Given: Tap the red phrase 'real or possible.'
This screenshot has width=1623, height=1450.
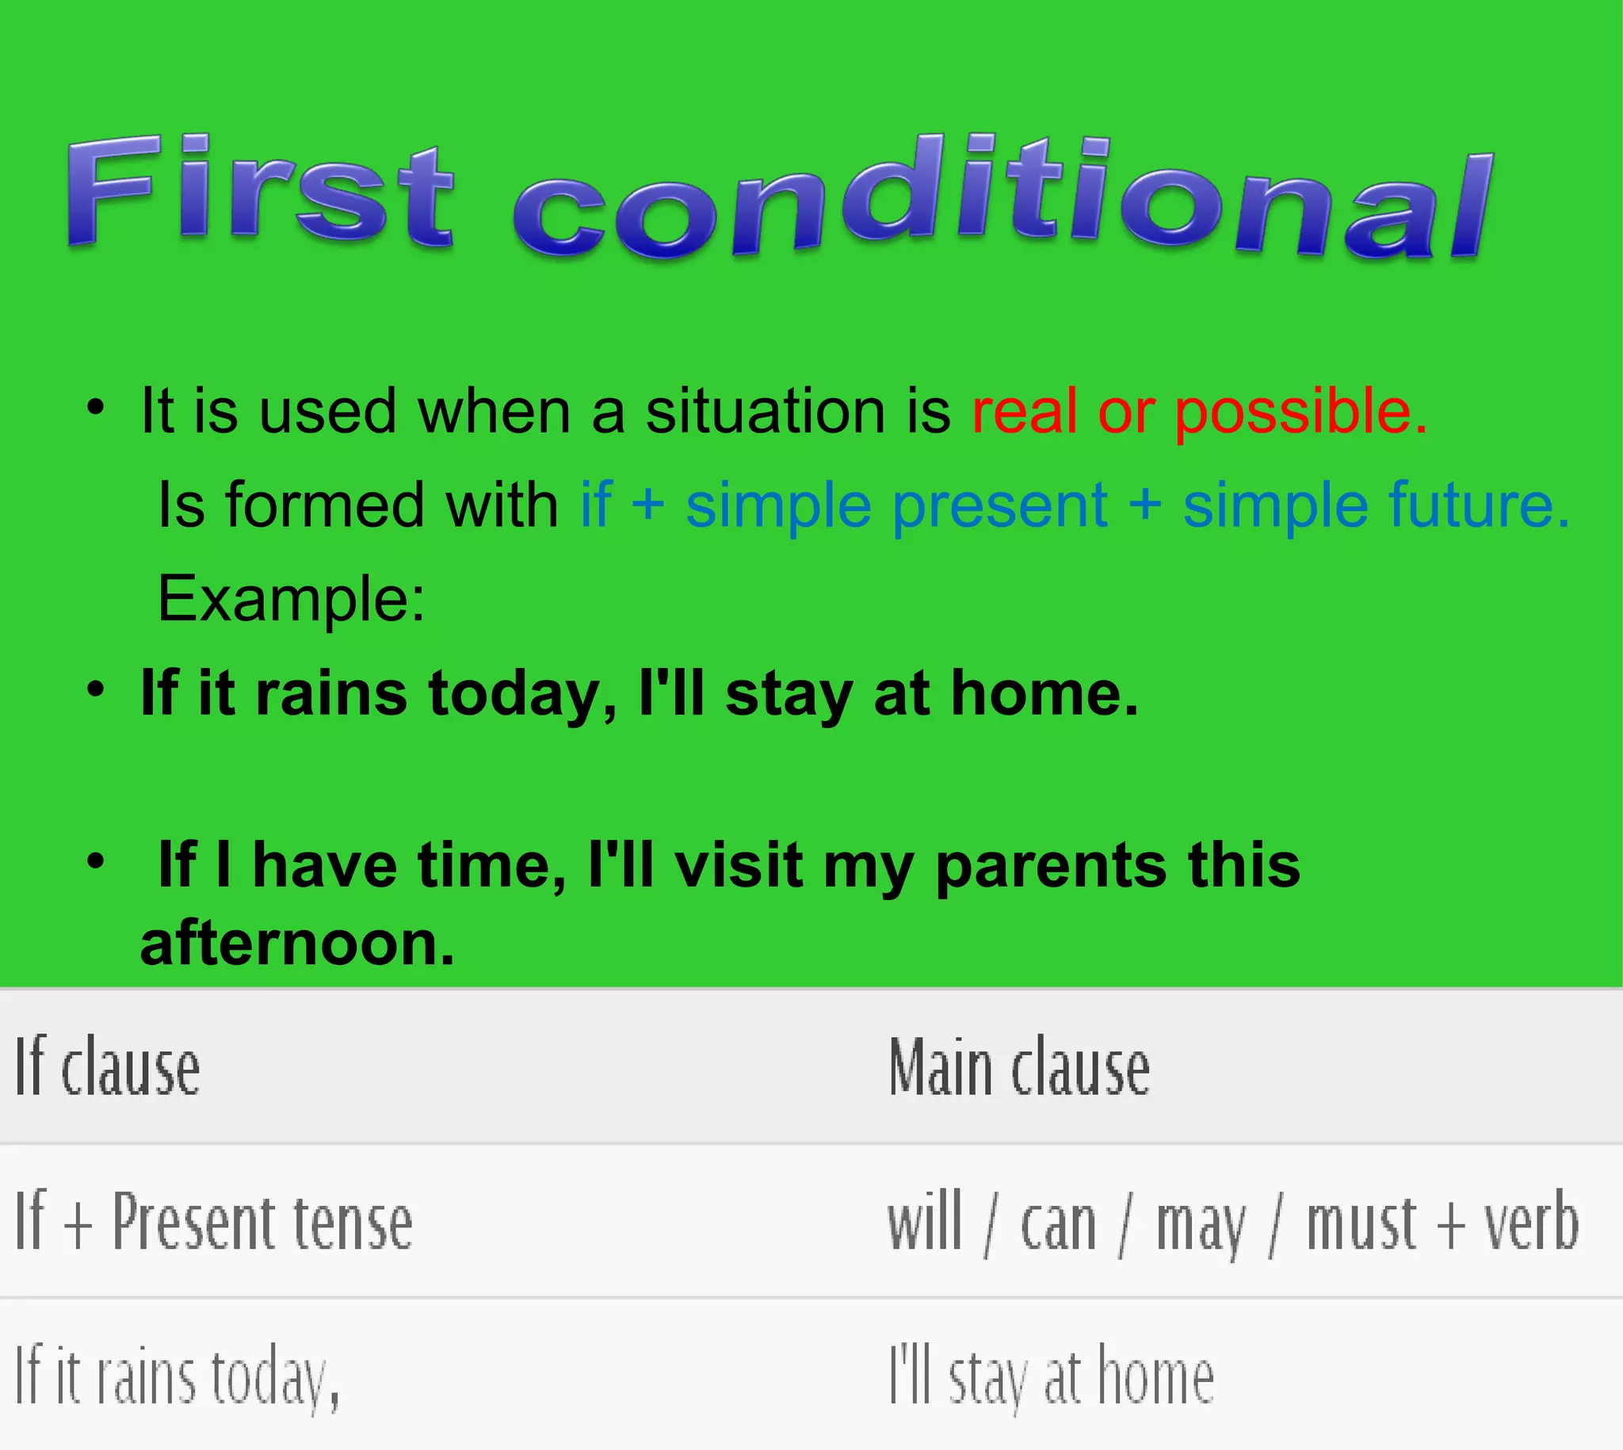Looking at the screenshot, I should [1199, 412].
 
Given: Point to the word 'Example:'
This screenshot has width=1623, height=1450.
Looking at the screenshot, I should [292, 599].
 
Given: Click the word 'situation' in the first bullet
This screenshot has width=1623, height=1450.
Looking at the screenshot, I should [766, 412].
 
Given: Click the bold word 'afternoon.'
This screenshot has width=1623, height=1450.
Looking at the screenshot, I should [297, 944].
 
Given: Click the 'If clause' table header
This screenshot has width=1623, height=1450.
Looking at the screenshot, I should [108, 1067].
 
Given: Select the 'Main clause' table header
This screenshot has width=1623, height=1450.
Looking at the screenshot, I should [1019, 1067].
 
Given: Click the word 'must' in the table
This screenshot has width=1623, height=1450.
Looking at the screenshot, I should [1361, 1223].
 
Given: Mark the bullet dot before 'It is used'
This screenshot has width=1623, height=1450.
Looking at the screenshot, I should [96, 408].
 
